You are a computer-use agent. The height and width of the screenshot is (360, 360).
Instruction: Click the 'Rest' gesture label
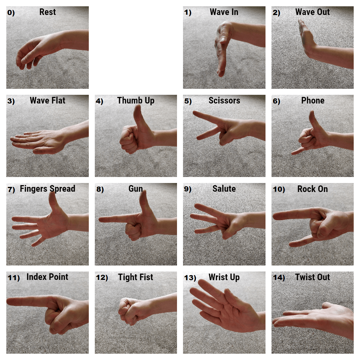tap(47, 12)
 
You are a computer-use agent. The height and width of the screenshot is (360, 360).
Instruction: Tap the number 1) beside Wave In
tap(188, 13)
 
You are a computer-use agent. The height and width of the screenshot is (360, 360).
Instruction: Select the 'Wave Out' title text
tap(312, 12)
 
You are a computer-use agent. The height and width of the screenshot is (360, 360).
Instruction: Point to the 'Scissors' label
tap(224, 100)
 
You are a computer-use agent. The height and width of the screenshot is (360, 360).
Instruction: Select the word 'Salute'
tap(224, 189)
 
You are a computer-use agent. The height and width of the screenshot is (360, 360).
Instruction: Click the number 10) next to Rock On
tap(279, 189)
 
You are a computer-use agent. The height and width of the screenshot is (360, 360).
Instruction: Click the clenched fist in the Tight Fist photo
tap(127, 310)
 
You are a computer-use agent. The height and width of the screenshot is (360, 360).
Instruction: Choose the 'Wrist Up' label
tap(224, 277)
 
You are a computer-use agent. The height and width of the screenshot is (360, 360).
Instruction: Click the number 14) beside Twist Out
tap(279, 277)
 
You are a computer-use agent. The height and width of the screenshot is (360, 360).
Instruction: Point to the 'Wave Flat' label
tap(47, 100)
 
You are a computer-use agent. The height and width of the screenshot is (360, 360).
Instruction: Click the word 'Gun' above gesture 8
tap(136, 189)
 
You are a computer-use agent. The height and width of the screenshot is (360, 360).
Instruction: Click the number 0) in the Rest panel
tap(11, 13)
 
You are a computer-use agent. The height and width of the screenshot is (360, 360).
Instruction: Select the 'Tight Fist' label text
tap(135, 277)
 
